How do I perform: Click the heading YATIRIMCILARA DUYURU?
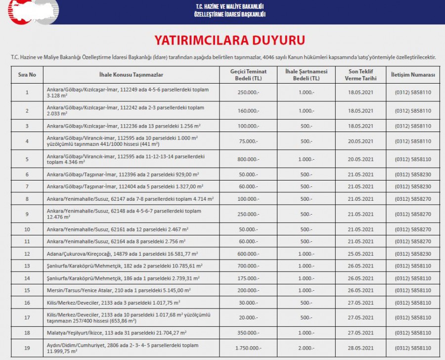click(230, 40)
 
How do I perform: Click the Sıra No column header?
click(27, 75)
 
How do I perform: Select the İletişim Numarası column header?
click(412, 75)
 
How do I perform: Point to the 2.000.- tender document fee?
click(306, 348)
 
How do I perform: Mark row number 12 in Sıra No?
click(27, 254)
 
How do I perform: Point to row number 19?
click(27, 348)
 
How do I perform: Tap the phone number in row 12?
click(412, 254)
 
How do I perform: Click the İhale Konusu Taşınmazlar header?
click(131, 75)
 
